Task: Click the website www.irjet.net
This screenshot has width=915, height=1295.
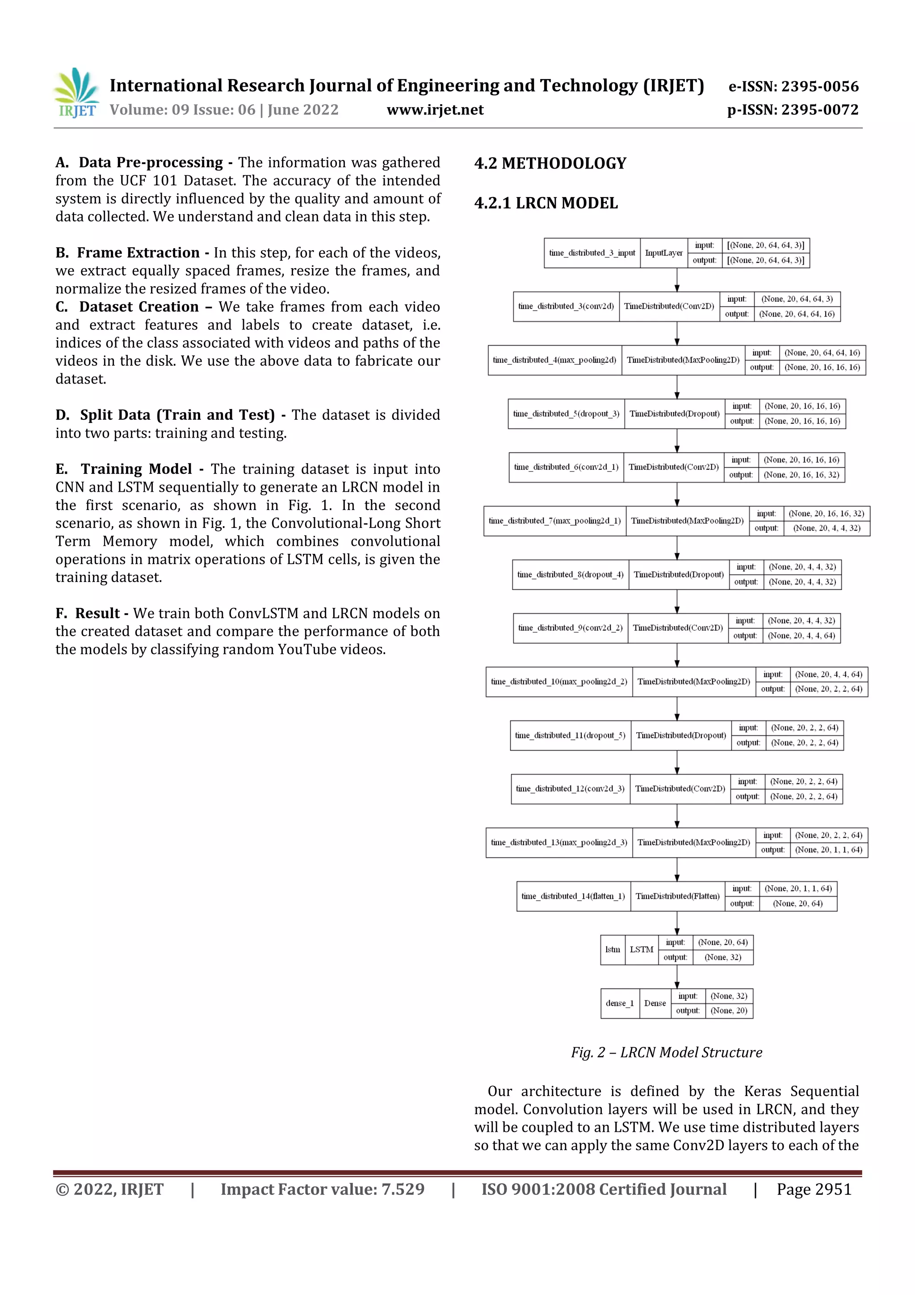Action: tap(435, 110)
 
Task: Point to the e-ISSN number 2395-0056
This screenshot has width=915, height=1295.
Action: tap(793, 86)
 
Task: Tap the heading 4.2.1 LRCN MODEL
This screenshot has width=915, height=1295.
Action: tap(546, 203)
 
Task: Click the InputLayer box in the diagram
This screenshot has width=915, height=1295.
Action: tap(663, 253)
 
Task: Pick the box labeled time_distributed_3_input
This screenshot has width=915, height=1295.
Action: tap(592, 253)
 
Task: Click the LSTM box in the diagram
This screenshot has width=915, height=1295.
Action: tap(642, 950)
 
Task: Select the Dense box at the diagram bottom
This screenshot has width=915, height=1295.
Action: tap(655, 1004)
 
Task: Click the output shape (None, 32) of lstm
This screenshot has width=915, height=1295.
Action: tap(723, 957)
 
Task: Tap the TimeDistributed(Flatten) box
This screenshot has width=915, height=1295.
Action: tap(677, 896)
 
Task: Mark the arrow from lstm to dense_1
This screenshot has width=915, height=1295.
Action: tap(677, 976)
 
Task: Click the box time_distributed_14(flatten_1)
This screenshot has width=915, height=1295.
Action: tap(573, 896)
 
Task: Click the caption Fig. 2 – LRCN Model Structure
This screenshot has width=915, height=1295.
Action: tap(667, 1052)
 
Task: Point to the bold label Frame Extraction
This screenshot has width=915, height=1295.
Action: tap(138, 253)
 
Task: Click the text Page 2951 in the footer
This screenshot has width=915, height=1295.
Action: tap(814, 1189)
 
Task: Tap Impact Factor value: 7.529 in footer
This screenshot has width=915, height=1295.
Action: tap(323, 1189)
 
